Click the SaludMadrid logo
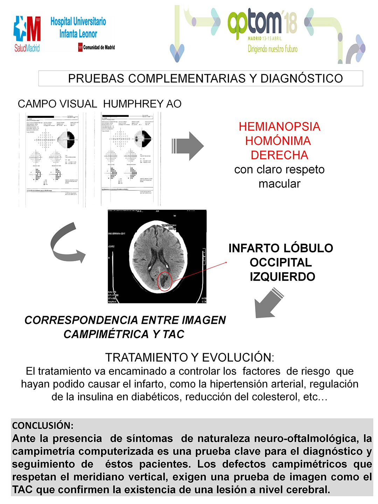pyautogui.click(x=27, y=34)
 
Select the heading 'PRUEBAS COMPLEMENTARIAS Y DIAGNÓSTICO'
pyautogui.click(x=205, y=78)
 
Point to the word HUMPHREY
pyautogui.click(x=133, y=104)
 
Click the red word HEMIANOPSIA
pyautogui.click(x=279, y=127)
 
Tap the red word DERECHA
pyautogui.click(x=279, y=155)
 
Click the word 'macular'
pyautogui.click(x=279, y=184)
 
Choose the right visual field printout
pyautogui.click(x=130, y=159)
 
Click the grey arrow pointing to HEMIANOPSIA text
pyautogui.click(x=188, y=146)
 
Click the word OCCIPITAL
pyautogui.click(x=281, y=262)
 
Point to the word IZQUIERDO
pyautogui.click(x=282, y=277)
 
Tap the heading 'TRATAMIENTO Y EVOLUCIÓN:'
pyautogui.click(x=189, y=358)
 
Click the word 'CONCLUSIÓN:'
pyautogui.click(x=43, y=426)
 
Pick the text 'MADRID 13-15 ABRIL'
pyautogui.click(x=265, y=38)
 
